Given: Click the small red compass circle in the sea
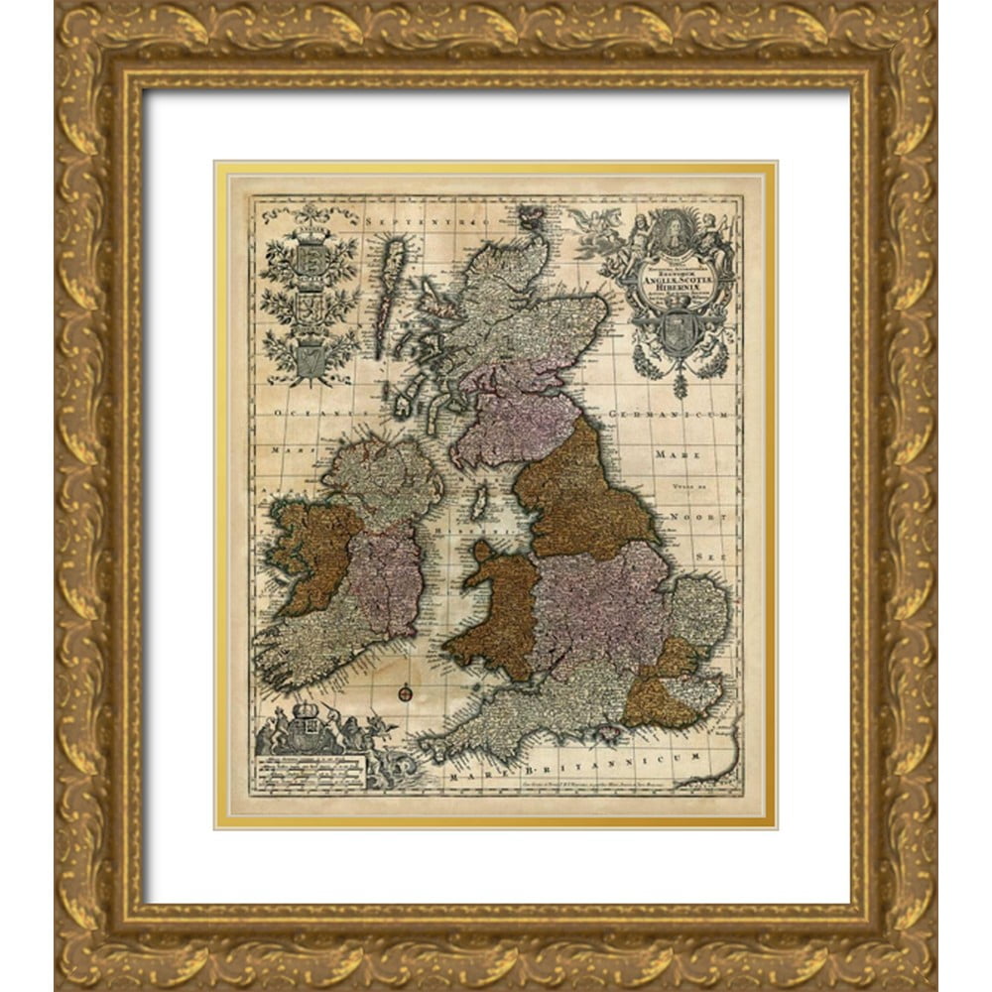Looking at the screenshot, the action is point(404,692).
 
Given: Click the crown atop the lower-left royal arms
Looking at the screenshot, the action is point(308,712).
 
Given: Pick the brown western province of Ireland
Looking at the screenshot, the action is point(312,554).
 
